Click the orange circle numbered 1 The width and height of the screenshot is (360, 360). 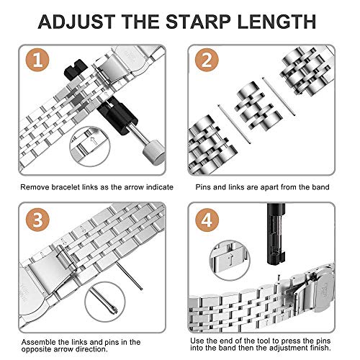pos(37,60)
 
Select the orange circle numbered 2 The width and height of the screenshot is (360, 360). pos(207,60)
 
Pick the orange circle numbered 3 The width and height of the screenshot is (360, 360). pos(37,220)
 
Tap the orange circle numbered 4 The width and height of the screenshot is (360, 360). pos(207,220)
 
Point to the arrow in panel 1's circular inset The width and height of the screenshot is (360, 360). pos(93,140)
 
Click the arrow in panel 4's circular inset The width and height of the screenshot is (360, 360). pos(230,259)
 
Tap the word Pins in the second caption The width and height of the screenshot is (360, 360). pos(203,187)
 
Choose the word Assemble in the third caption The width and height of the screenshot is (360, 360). pos(38,342)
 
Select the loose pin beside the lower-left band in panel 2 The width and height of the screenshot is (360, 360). pos(234,124)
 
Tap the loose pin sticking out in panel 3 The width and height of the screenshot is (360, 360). pos(130,276)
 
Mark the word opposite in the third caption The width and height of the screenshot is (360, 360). pos(35,349)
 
